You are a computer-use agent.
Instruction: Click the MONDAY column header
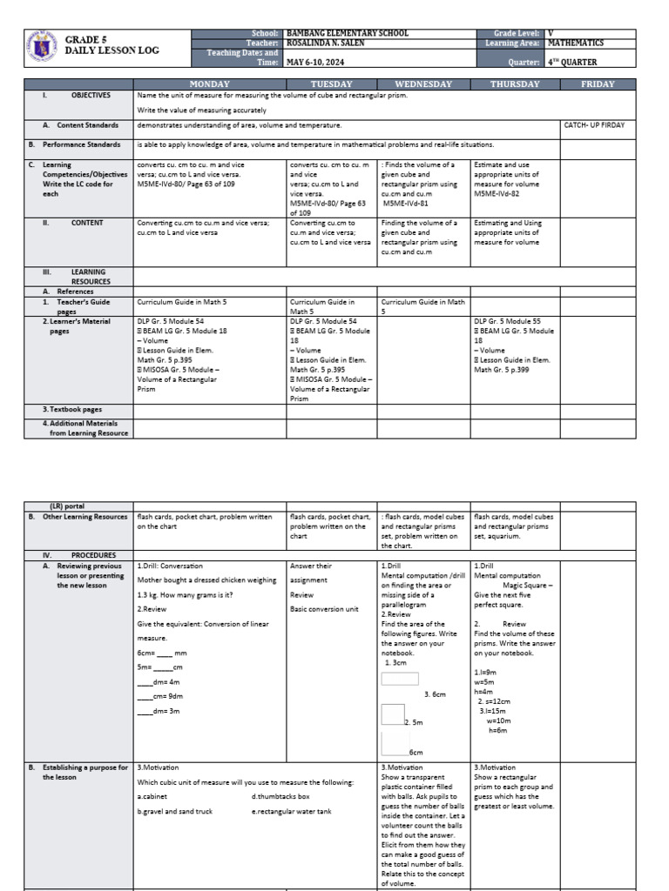210,84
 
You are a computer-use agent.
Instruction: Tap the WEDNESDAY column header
423,84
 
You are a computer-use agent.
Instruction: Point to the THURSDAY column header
514,84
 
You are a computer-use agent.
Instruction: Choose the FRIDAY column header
598,84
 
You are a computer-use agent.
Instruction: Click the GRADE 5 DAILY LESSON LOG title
112,45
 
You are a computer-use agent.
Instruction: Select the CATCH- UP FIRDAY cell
594,125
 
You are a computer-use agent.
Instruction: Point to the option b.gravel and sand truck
175,811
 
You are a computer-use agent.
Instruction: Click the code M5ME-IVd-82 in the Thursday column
497,193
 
